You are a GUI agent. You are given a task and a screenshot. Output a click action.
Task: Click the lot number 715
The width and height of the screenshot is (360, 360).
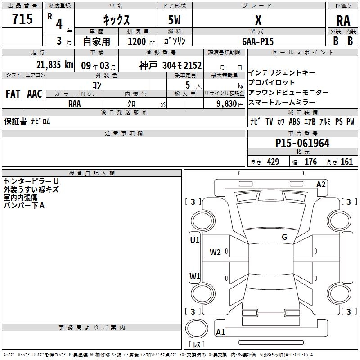click(22, 19)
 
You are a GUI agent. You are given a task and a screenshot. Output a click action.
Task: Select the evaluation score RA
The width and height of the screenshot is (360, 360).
click(343, 20)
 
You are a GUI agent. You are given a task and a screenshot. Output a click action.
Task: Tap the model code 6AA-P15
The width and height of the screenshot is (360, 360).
click(258, 41)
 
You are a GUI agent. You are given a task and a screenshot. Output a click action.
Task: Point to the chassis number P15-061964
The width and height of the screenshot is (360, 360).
click(302, 144)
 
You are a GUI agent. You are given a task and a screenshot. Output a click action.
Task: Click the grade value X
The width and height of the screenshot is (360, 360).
click(258, 20)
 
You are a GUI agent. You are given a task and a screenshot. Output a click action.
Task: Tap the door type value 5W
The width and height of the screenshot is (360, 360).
click(175, 20)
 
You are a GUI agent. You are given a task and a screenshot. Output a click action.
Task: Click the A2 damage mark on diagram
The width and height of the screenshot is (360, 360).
click(321, 184)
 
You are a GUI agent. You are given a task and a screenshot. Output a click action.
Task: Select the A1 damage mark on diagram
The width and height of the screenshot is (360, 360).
click(220, 333)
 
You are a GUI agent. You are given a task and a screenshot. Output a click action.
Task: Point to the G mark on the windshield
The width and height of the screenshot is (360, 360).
click(284, 237)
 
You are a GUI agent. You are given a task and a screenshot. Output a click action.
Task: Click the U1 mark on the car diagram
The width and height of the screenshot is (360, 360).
click(195, 240)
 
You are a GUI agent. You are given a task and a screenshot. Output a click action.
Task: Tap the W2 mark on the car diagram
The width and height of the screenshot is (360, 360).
click(215, 252)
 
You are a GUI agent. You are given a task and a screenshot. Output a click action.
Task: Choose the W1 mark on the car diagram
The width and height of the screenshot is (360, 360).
click(195, 276)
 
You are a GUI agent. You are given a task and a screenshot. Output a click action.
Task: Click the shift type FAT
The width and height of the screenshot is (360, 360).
click(13, 94)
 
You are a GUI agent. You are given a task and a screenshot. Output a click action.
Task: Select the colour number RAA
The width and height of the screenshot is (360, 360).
click(75, 103)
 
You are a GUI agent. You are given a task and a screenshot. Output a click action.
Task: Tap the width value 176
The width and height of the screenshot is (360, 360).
click(310, 162)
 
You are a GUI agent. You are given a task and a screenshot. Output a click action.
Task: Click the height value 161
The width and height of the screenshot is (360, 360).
click(346, 162)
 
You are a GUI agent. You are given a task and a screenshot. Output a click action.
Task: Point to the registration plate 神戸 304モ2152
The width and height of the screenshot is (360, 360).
click(170, 65)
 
